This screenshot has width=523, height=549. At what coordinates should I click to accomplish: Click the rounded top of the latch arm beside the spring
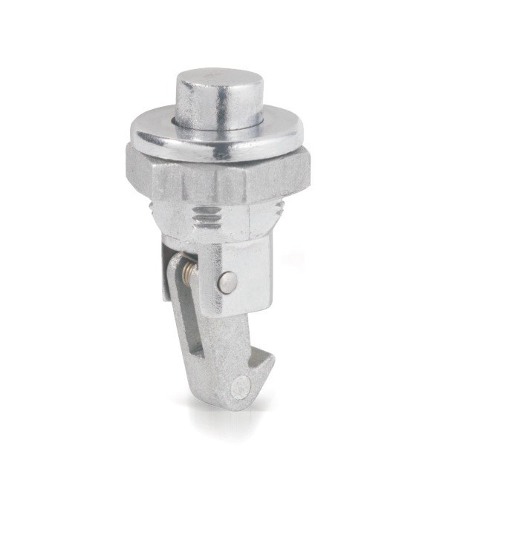[175, 263]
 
